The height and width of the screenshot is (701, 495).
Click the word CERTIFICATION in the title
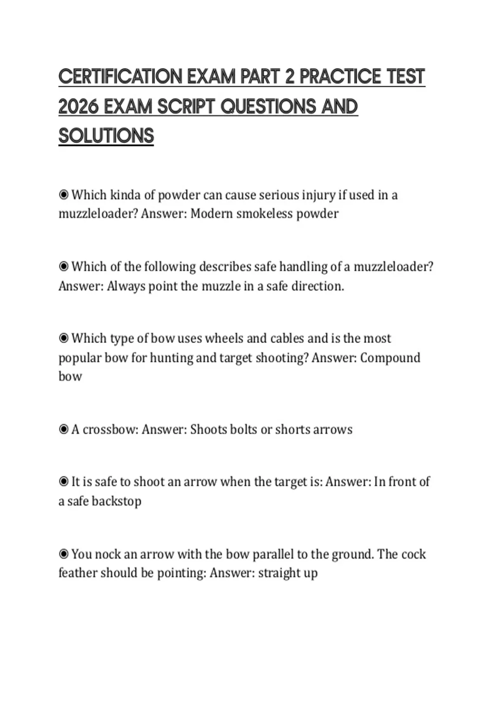(x=120, y=77)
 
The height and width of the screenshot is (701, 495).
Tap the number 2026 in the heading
(x=78, y=107)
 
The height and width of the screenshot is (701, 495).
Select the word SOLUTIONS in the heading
(x=106, y=136)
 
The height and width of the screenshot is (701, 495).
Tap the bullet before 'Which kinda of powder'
(x=64, y=195)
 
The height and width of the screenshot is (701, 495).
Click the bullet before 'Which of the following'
(x=64, y=267)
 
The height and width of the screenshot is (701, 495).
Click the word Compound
(x=390, y=358)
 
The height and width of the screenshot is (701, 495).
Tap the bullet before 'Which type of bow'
(x=64, y=339)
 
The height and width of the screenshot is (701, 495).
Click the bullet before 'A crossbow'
(x=64, y=430)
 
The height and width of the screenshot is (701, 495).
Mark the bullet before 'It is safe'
(x=64, y=482)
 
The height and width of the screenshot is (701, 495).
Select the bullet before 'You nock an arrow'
(x=64, y=554)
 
